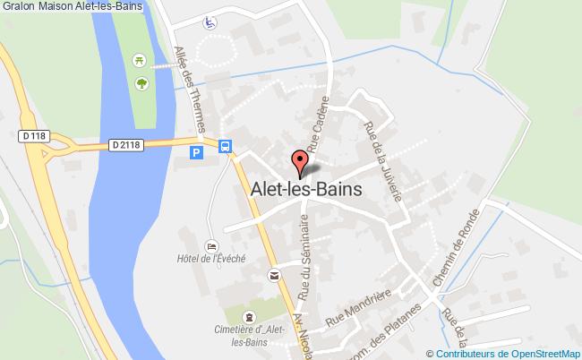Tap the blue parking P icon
(197, 152)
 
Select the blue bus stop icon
(227, 146)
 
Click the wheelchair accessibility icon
(209, 21)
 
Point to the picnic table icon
(140, 60)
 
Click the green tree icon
(141, 83)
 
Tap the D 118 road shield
(34, 136)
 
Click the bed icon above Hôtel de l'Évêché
(211, 245)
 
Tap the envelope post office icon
(273, 276)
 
